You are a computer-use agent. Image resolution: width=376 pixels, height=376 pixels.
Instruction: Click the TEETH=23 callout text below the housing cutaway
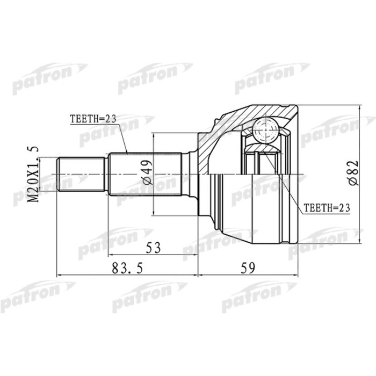(324, 207)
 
